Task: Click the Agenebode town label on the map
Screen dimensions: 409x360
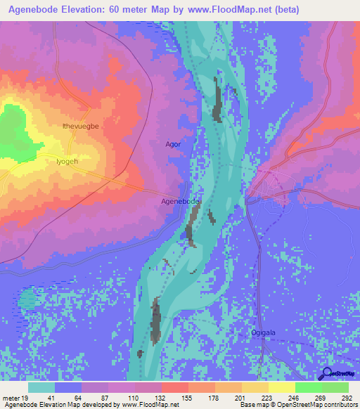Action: [x=181, y=202]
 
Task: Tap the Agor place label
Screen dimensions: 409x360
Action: [x=173, y=145]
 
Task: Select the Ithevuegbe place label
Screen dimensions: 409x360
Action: [x=81, y=126]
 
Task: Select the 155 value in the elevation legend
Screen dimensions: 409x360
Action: [x=188, y=397]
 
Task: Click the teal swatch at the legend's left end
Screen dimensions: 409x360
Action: [x=41, y=387]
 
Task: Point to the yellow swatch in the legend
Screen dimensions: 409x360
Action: [x=281, y=387]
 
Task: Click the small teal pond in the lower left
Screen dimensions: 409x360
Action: [x=27, y=300]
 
